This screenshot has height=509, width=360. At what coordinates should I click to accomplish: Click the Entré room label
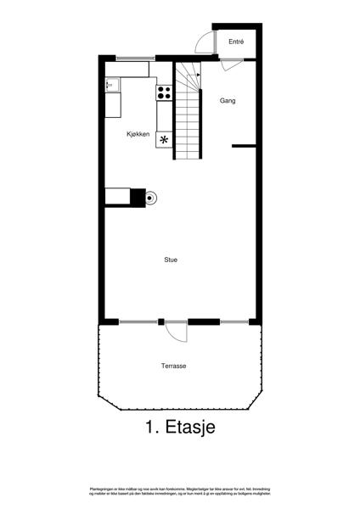point(236,42)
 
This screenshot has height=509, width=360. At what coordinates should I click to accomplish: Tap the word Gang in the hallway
point(228,101)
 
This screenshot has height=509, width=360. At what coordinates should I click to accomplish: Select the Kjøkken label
point(138,134)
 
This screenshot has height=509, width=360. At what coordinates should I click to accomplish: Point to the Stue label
point(171,260)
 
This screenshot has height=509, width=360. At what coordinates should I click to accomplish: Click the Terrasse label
point(173,366)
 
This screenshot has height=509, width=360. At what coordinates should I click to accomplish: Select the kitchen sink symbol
point(111,84)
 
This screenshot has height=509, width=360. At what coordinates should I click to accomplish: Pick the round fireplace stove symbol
point(151,199)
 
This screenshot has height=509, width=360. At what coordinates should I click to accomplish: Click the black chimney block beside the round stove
point(137,197)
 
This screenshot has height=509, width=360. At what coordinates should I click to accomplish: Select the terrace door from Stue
point(176,330)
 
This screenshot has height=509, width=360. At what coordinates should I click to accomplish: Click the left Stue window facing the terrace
point(138,322)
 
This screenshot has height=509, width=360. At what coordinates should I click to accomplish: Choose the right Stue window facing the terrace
point(233,322)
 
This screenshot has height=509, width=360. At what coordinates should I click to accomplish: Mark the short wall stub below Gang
point(244,146)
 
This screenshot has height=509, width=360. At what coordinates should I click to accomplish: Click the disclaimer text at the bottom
point(180,491)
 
